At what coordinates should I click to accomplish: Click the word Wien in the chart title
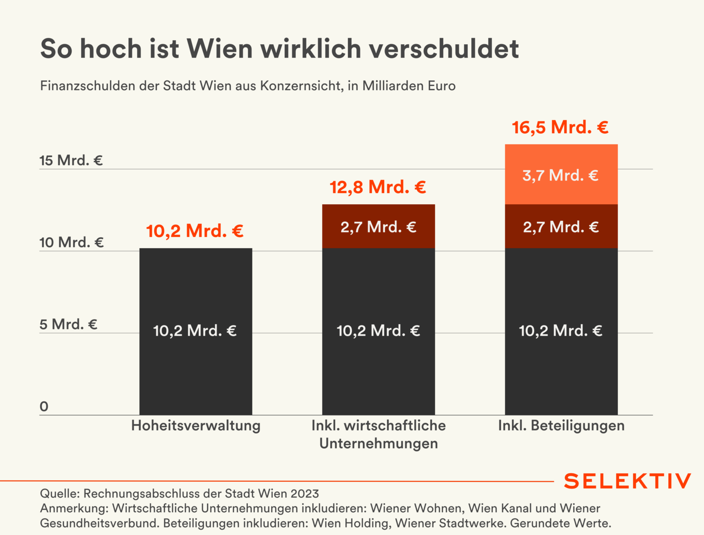point(220,48)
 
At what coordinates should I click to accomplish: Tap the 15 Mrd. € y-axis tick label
point(71,160)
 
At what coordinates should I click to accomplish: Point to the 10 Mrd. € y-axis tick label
point(71,243)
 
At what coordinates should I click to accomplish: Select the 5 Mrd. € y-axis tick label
point(68,324)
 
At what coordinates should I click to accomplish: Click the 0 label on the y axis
point(44,407)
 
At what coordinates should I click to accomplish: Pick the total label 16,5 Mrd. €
point(560,128)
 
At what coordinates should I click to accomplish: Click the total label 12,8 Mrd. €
point(378,187)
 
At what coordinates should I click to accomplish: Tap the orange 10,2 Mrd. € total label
point(195,231)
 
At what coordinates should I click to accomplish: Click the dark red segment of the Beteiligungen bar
point(561,227)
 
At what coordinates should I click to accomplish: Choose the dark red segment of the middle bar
point(378,227)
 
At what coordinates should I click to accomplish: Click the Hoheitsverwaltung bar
point(196,331)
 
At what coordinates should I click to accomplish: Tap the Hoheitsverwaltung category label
point(196,425)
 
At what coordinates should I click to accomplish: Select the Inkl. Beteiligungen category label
point(561,425)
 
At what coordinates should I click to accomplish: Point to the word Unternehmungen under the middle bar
point(378,444)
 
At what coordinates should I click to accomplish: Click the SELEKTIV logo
point(627,481)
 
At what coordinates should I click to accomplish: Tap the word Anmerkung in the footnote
point(74,509)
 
